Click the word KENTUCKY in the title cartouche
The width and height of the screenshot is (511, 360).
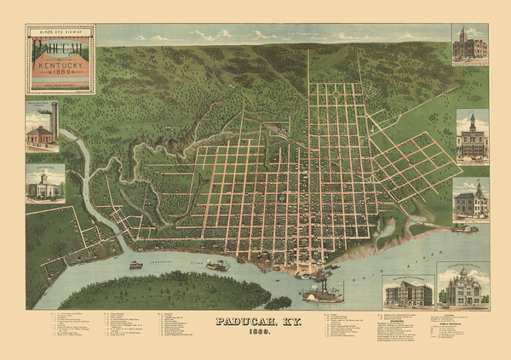[60, 65]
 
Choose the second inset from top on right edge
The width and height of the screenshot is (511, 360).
[472, 136]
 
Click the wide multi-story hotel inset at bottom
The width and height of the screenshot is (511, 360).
[407, 292]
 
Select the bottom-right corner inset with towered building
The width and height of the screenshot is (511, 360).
[462, 287]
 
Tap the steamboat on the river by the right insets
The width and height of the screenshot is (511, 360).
[464, 228]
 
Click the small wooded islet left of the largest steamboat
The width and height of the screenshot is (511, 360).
[278, 302]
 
